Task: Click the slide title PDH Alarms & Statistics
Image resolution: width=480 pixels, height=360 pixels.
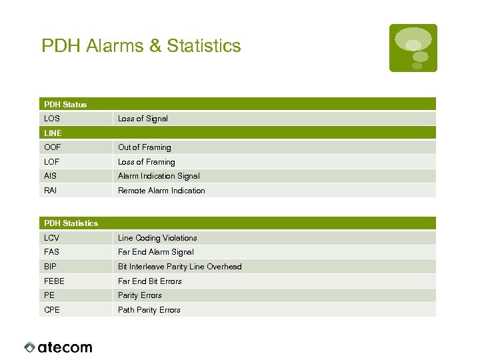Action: pos(141,46)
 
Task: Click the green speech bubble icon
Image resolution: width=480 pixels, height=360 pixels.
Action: pos(413,48)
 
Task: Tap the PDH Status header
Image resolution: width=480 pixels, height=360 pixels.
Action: pos(65,105)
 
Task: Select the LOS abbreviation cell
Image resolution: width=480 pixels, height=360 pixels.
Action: pos(52,119)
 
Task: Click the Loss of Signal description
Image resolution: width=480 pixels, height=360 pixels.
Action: pos(143,119)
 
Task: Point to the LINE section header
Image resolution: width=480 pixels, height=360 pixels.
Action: pos(53,133)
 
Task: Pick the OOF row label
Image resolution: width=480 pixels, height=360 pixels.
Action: pos(52,147)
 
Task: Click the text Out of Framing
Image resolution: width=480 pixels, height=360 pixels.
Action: pos(145,147)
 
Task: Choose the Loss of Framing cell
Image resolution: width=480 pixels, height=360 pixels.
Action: pos(147,162)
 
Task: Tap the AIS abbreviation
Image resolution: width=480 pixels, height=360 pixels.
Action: pos(51,176)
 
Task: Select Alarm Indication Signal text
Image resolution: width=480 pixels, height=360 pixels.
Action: pos(159,176)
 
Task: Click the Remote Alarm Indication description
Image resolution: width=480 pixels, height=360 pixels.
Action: pos(161,191)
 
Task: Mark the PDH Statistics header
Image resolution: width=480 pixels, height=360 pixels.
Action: pos(71,223)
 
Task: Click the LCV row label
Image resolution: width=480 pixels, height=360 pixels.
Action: pos(52,238)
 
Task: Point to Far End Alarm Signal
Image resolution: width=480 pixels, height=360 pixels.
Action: pos(156,252)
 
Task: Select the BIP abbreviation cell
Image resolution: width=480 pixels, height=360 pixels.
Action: pos(51,267)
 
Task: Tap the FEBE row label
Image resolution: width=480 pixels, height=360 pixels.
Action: pos(55,281)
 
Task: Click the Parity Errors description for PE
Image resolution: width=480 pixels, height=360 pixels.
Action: pos(140,295)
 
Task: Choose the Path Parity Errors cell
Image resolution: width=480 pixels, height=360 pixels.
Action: pos(149,310)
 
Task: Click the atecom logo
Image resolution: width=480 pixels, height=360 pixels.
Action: pos(59,347)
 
